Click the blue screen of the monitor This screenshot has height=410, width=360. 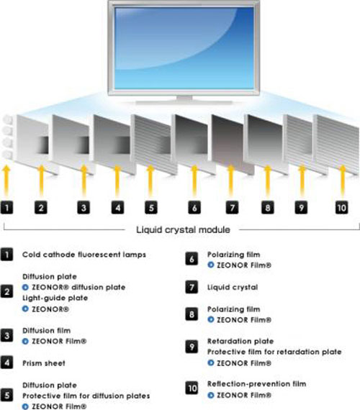pos(184,48)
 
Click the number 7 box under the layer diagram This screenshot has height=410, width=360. pos(233,208)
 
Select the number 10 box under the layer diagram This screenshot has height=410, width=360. pos(342,208)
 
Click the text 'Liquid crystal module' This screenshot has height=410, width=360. pos(184,230)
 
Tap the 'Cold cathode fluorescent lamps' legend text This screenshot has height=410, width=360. pos(84,255)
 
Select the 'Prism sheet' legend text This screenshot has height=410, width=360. pos(44,363)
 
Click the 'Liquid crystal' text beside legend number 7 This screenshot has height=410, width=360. pos(233,288)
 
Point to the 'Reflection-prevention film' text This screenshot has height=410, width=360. pos(256,384)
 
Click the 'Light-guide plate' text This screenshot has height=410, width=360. pos(55,298)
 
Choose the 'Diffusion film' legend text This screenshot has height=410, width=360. pos(46,330)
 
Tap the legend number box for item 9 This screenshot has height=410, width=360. pos(192,347)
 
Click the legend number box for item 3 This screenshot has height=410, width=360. pos(6,336)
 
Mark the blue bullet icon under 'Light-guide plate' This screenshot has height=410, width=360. pos(25,309)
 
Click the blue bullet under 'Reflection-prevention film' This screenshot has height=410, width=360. pos(210,395)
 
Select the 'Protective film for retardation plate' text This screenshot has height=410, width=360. pos(274,352)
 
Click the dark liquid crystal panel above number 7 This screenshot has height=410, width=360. pos(233,143)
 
